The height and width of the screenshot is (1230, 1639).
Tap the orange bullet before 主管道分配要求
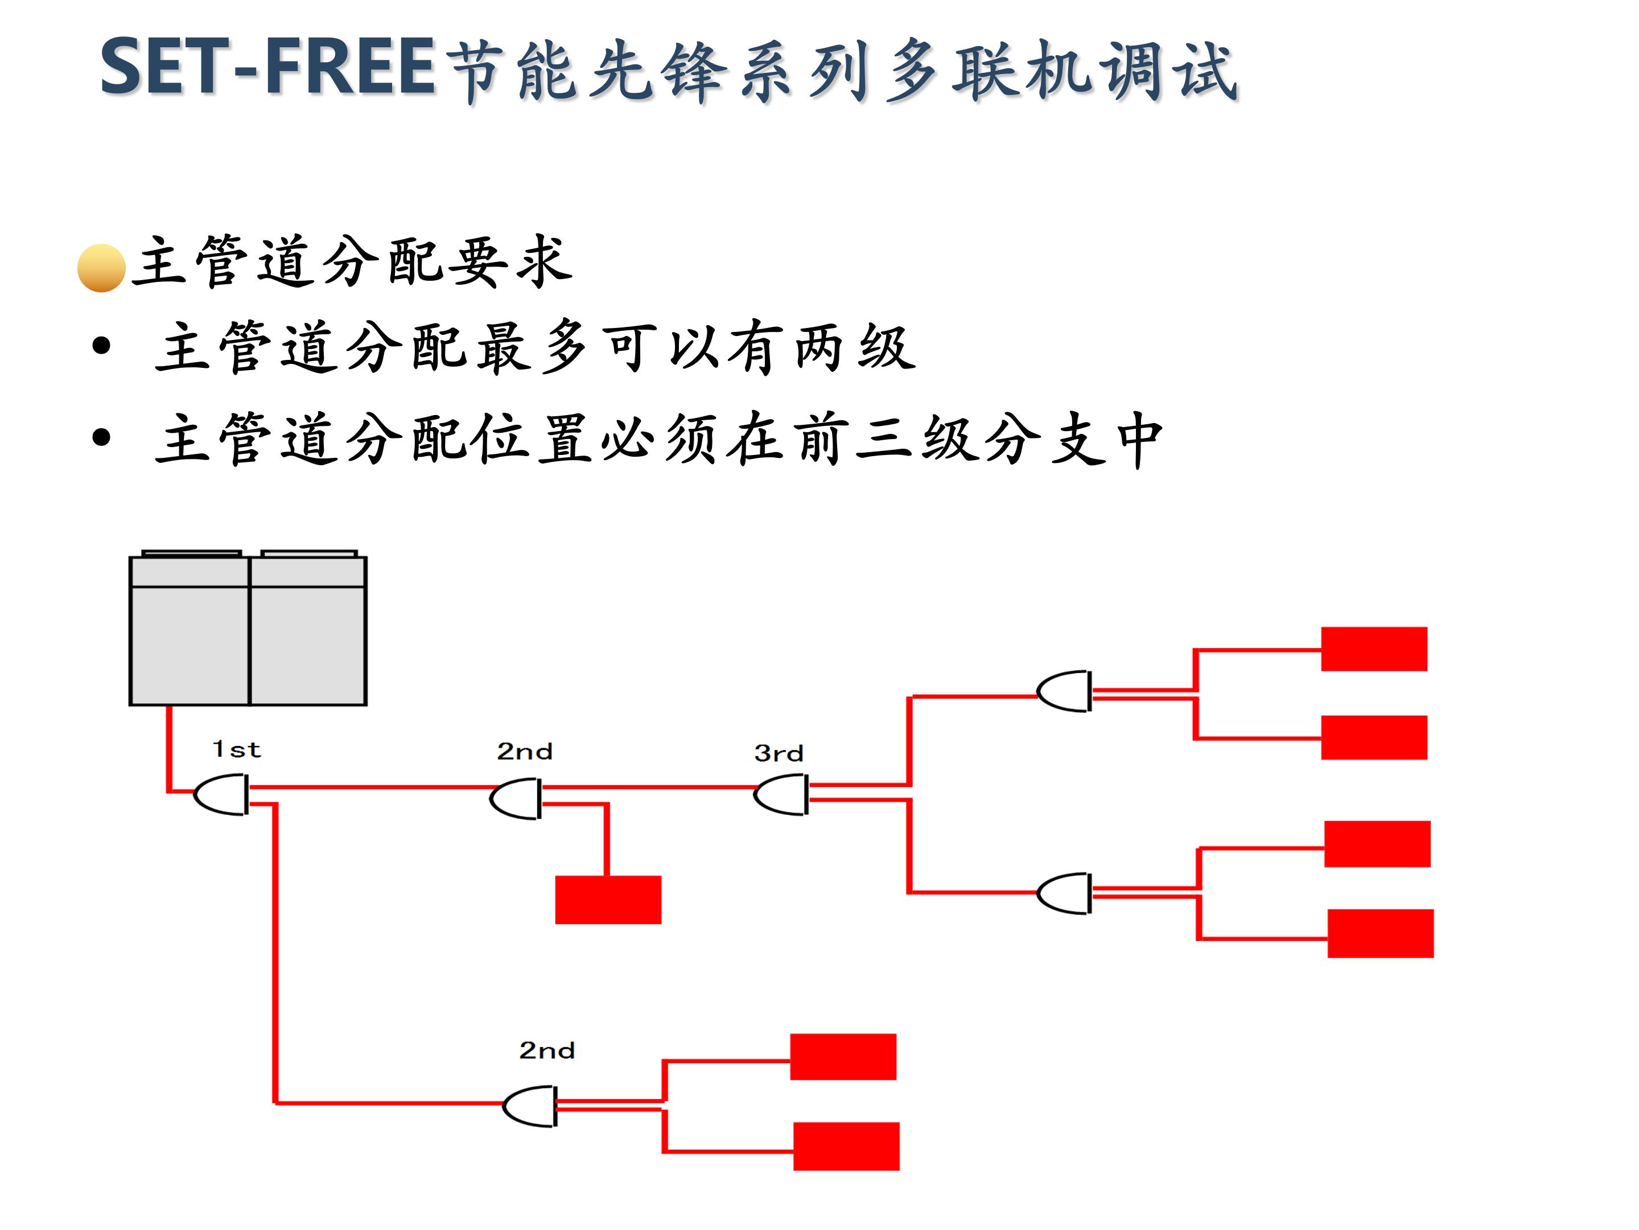tap(101, 268)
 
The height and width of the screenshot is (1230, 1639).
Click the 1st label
tap(236, 749)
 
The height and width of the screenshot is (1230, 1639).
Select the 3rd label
tap(778, 753)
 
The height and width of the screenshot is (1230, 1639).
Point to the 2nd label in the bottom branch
tap(547, 1051)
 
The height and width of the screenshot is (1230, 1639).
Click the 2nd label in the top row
tap(525, 751)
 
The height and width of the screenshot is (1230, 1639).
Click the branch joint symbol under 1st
tap(221, 795)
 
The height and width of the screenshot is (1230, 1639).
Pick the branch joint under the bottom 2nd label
tap(530, 1107)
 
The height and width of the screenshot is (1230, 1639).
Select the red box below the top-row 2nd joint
tap(608, 899)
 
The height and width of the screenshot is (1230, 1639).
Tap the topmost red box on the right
tap(1374, 649)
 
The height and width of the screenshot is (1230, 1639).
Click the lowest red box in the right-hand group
tap(1379, 933)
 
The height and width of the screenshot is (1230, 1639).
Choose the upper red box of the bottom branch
tap(842, 1056)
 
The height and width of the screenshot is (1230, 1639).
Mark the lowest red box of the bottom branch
tap(846, 1146)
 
